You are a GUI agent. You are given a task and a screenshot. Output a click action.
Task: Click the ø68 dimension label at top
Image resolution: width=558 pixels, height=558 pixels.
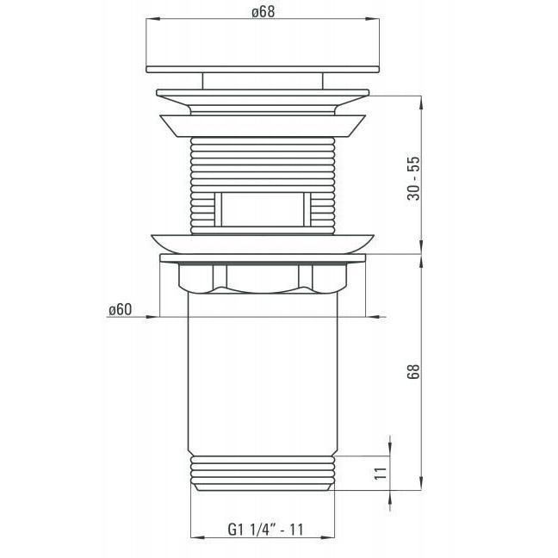263,12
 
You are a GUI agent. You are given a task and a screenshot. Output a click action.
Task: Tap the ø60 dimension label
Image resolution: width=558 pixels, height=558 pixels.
121,310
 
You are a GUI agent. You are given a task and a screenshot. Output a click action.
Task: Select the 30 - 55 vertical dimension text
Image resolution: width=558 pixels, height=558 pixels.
414,178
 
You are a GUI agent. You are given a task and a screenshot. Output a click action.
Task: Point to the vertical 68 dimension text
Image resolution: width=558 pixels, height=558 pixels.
414,372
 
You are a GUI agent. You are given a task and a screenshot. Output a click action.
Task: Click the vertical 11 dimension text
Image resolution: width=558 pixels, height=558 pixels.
381,474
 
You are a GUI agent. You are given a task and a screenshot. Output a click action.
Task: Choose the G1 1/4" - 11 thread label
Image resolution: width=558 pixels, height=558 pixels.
265,530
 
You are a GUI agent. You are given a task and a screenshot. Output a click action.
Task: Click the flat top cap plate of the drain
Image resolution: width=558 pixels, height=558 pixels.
263,70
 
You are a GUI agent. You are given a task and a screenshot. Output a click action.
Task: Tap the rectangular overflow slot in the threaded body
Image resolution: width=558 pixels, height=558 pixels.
263,209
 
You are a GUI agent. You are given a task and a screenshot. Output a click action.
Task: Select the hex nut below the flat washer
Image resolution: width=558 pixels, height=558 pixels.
263,278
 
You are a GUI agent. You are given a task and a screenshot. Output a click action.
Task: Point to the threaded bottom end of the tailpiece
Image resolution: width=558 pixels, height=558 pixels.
263,474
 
